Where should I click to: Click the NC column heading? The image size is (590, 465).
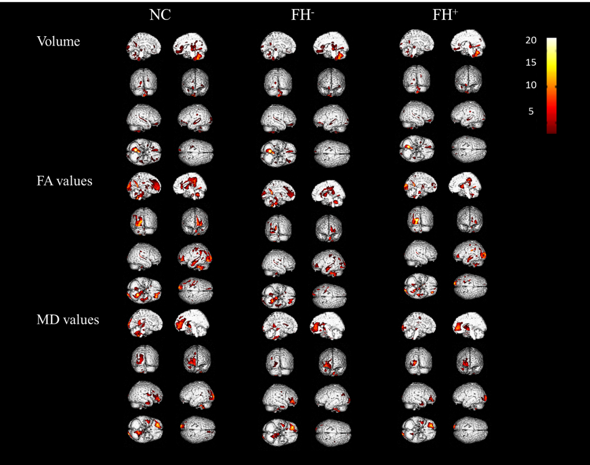[x=160, y=15]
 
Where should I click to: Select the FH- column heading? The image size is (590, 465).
[x=302, y=15]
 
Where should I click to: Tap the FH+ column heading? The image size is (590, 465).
[x=445, y=15]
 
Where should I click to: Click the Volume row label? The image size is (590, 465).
[x=58, y=41]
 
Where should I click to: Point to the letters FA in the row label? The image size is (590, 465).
[x=44, y=181]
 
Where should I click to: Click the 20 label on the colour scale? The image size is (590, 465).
[x=531, y=40]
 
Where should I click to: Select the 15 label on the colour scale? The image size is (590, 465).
[x=531, y=63]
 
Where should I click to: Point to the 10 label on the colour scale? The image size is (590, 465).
[x=531, y=85]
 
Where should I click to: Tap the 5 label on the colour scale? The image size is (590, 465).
[x=531, y=111]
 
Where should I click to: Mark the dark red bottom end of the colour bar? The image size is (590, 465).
[x=551, y=131]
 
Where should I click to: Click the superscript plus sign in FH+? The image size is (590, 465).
[x=455, y=12]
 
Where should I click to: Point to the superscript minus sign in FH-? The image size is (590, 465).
[x=313, y=12]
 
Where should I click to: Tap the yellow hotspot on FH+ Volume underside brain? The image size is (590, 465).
[x=408, y=147]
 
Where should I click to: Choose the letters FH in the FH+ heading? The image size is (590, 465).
[x=441, y=16]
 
